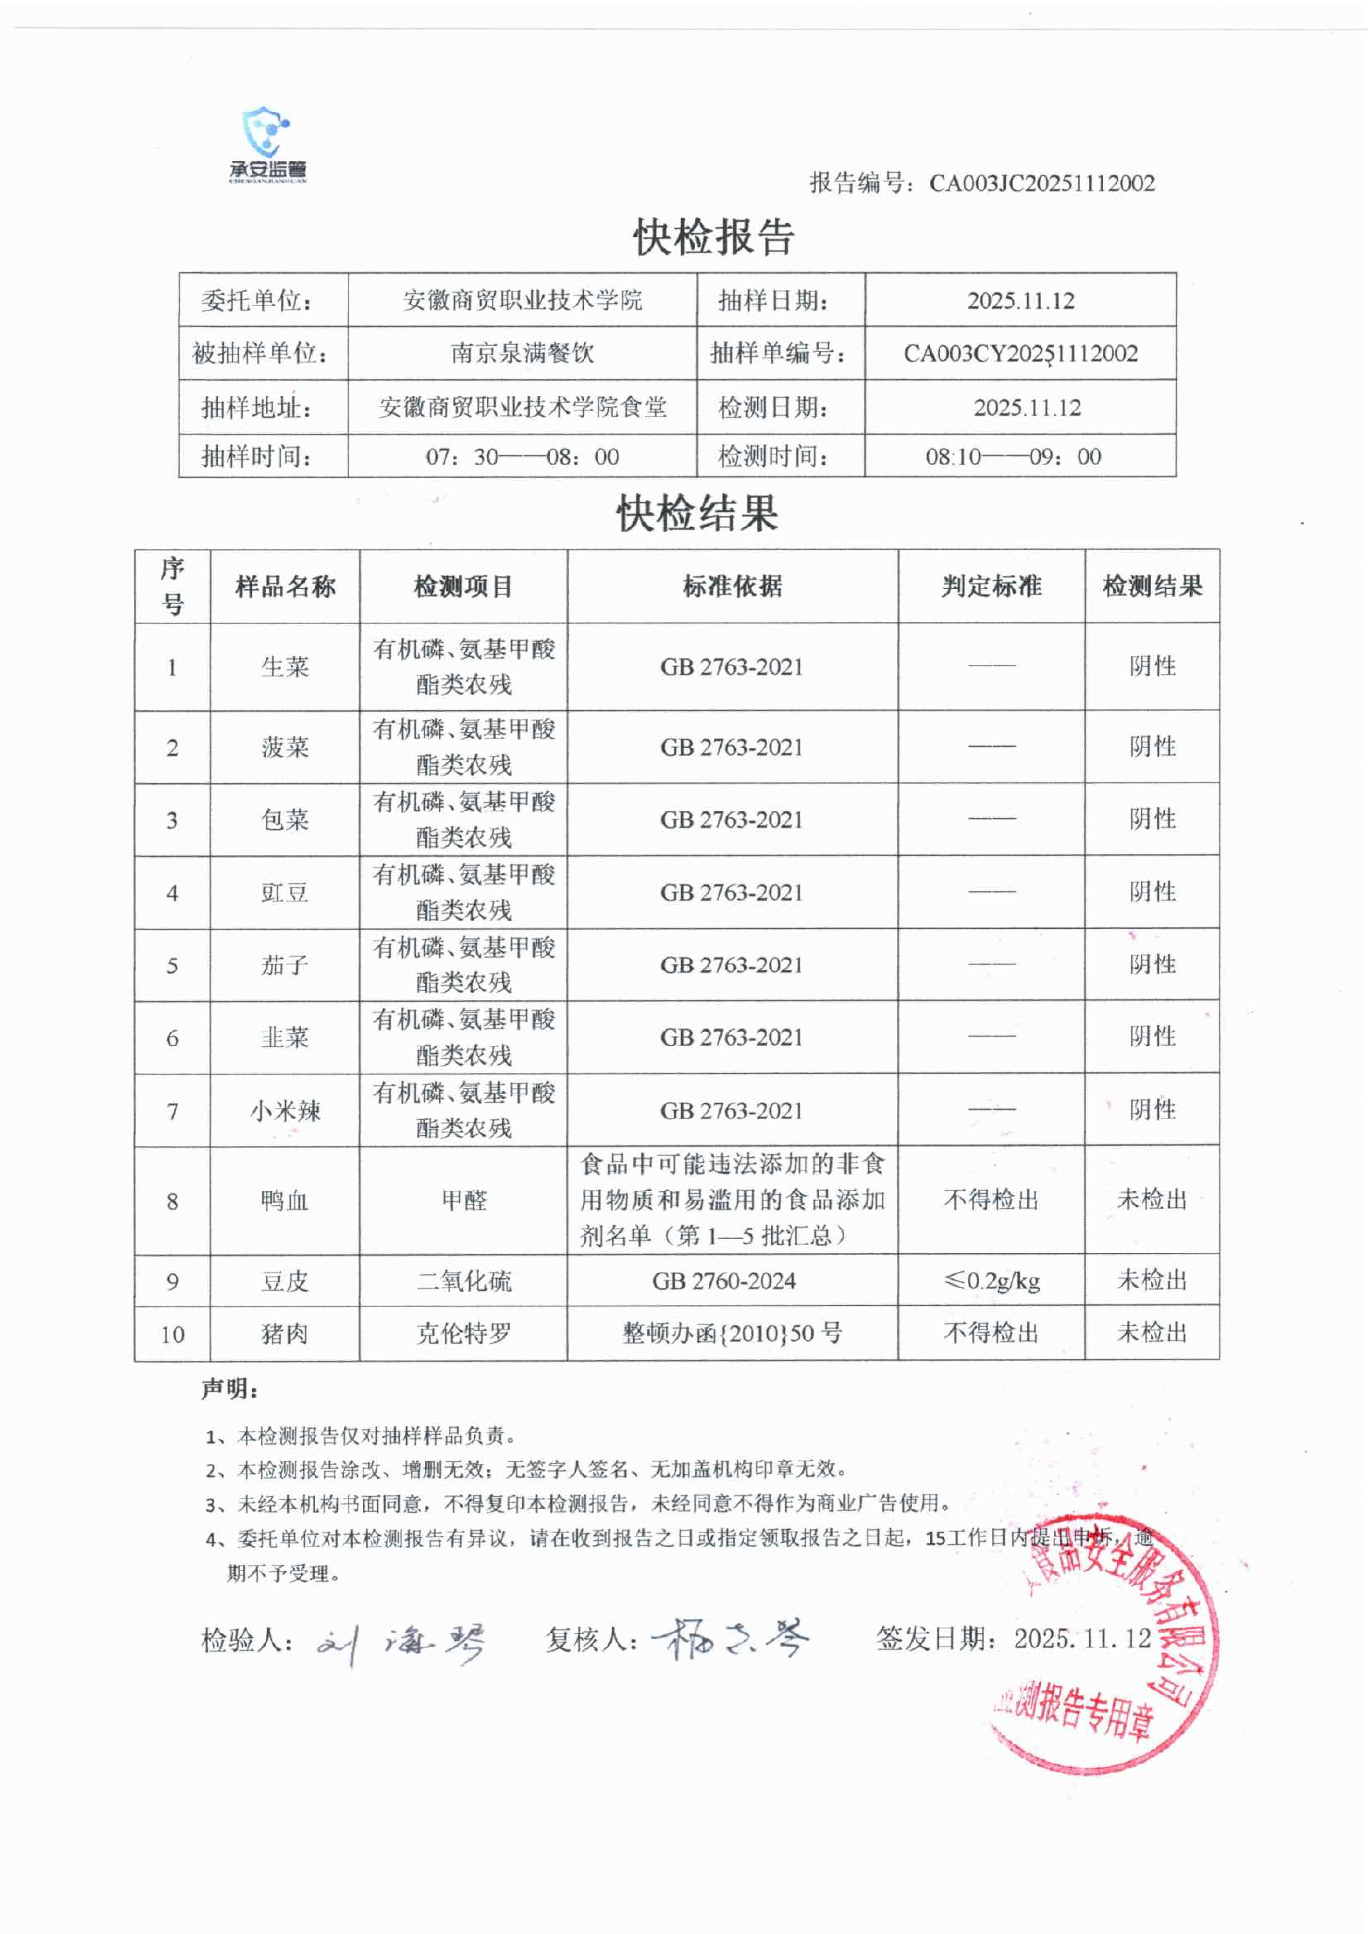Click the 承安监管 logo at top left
pos(268,145)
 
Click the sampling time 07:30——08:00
pos(522,456)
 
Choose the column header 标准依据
pos(732,586)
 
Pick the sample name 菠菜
pos(285,747)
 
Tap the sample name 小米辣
pos(285,1111)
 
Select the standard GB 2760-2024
pos(724,1281)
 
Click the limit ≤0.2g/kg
pos(992,1281)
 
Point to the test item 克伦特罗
pos(463,1334)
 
